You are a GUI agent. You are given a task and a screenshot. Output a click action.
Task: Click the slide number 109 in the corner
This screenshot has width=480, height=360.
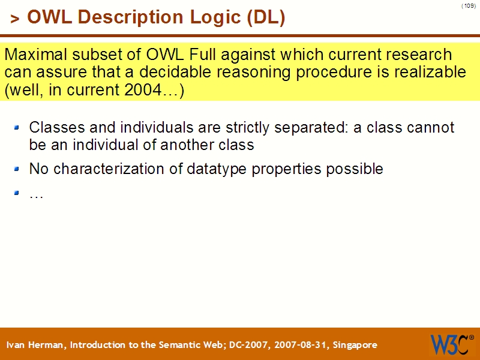(x=469, y=6)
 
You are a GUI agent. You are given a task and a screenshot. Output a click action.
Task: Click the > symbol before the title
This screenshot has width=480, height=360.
(x=14, y=19)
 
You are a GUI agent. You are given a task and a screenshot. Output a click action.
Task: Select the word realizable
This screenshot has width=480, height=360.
(x=433, y=73)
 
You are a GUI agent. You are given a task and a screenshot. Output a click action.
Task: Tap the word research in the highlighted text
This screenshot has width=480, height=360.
(x=416, y=55)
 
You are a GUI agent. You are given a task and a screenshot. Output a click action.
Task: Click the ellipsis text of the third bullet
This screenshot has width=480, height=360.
(x=36, y=195)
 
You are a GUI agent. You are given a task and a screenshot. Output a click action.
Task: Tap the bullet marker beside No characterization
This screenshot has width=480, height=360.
(x=17, y=169)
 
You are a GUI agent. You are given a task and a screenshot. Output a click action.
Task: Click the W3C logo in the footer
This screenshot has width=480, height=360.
(x=449, y=344)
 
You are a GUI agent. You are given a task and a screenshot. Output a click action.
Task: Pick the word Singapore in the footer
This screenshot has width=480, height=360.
(x=353, y=345)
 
